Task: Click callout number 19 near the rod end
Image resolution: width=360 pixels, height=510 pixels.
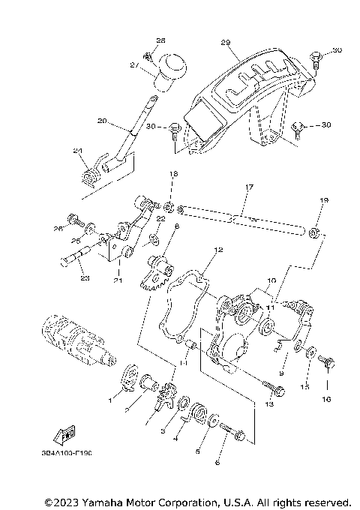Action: click(x=325, y=201)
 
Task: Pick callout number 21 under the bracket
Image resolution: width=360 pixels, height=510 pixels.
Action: click(x=117, y=280)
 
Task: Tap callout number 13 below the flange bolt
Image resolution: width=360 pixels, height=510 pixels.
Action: click(x=269, y=403)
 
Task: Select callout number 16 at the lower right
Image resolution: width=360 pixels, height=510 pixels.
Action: click(x=326, y=399)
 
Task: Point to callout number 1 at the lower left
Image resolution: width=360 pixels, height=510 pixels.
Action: click(x=110, y=401)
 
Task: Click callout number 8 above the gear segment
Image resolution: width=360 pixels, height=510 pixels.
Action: click(x=176, y=225)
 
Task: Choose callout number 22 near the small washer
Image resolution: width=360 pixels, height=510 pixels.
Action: click(x=160, y=218)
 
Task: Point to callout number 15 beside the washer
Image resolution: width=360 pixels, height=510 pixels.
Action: click(x=305, y=387)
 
